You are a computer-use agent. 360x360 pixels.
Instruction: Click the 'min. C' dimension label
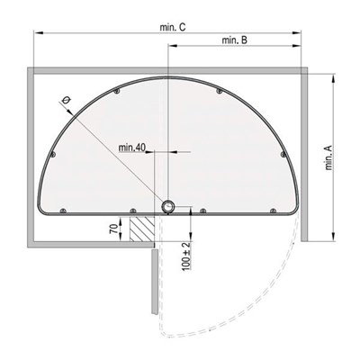(x=173, y=28)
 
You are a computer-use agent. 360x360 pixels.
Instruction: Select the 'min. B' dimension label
(x=235, y=40)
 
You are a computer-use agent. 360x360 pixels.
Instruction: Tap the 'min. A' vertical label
(x=328, y=157)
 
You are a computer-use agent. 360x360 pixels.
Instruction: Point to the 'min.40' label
(x=131, y=148)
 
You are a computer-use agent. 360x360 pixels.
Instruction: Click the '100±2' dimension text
(x=186, y=256)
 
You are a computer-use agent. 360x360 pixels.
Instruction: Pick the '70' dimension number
(x=113, y=229)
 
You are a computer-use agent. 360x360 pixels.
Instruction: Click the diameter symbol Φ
(x=67, y=100)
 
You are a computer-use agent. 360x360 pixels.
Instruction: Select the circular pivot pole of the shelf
(x=168, y=207)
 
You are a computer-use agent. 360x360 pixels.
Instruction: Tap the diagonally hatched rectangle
(x=142, y=229)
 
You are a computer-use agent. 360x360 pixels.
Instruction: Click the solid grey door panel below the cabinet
(x=155, y=282)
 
